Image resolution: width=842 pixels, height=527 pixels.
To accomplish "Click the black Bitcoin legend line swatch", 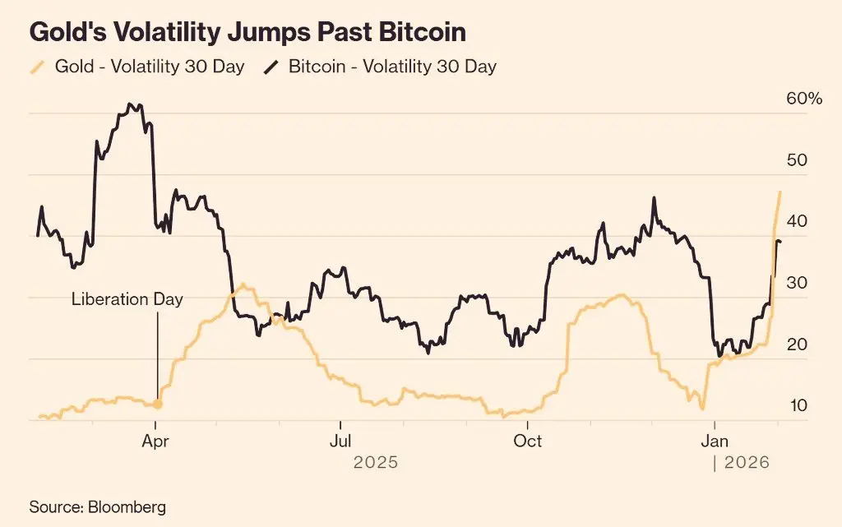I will tap(272, 67).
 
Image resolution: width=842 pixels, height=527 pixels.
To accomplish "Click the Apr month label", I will tap(155, 441).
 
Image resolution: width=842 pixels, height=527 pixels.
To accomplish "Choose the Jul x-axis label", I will tap(340, 441).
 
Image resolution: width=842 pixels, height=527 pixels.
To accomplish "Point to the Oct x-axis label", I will tap(527, 441).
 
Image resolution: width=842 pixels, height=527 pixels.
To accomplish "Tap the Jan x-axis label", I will tap(714, 441).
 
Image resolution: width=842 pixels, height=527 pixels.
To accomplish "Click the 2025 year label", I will tap(375, 463).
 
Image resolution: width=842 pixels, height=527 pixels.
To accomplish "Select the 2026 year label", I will tap(747, 463).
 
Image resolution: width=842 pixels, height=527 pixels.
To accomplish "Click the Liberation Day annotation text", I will tap(127, 299).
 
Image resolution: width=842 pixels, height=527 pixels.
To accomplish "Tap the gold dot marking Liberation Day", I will tap(158, 404).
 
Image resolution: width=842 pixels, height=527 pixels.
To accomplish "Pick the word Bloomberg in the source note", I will tap(127, 506).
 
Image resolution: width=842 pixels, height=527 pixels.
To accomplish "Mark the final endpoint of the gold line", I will tap(780, 192).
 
